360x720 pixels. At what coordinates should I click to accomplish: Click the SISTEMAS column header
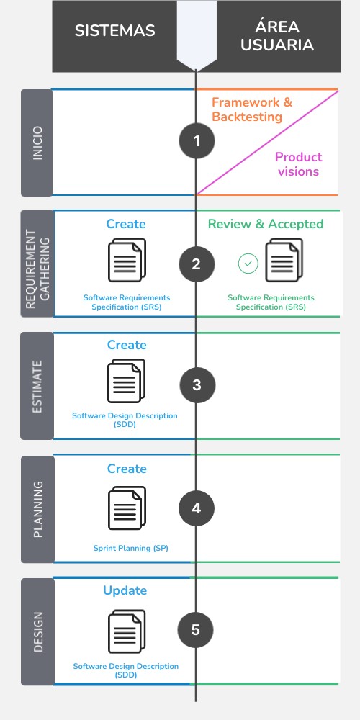click(115, 30)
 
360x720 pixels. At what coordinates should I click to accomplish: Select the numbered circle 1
click(197, 141)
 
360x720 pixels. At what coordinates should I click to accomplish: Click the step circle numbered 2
click(196, 264)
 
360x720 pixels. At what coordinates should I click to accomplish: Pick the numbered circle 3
click(197, 385)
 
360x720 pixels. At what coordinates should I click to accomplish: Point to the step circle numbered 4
click(197, 508)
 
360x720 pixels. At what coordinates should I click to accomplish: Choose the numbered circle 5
click(196, 630)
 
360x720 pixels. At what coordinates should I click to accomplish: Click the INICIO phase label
click(37, 143)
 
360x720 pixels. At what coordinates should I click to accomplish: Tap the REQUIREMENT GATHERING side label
click(37, 264)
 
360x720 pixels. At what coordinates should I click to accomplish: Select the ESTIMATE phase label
click(37, 386)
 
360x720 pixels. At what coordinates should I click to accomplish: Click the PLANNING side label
click(37, 509)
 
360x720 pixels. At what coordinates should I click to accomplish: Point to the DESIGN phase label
click(37, 631)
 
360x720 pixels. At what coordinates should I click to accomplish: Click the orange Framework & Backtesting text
click(252, 109)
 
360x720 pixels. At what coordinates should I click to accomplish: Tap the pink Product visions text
click(298, 164)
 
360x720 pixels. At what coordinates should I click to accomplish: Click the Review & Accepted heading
click(266, 224)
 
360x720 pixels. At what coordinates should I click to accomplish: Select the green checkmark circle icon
click(248, 264)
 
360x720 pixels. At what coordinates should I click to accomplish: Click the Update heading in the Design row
click(125, 590)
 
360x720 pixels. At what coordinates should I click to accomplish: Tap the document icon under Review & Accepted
click(283, 261)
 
